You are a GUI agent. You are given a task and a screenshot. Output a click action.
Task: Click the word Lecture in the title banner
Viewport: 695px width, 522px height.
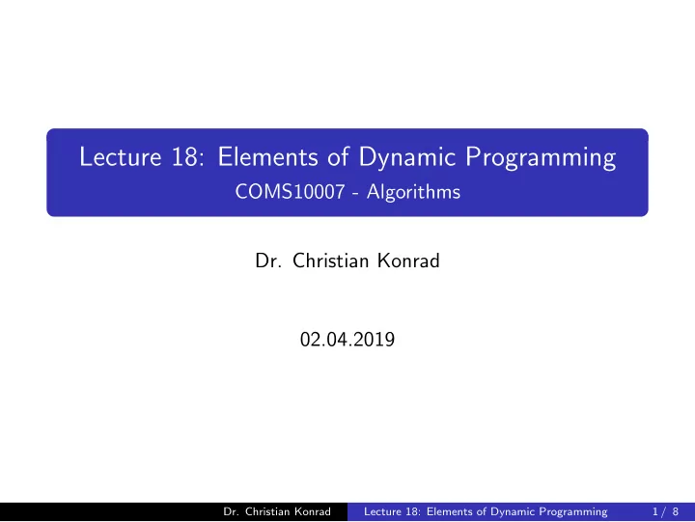pyautogui.click(x=120, y=157)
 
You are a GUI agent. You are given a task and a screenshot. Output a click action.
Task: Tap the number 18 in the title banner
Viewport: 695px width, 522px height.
pyautogui.click(x=188, y=157)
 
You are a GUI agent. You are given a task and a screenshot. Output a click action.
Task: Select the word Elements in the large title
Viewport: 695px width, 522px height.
pyautogui.click(x=267, y=157)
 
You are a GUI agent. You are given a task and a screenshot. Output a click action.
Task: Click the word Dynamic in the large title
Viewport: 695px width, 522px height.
pyautogui.click(x=407, y=158)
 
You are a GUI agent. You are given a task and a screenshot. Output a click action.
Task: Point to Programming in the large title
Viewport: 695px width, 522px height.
pyautogui.click(x=541, y=158)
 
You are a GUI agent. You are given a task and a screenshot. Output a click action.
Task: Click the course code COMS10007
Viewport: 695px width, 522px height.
pyautogui.click(x=290, y=192)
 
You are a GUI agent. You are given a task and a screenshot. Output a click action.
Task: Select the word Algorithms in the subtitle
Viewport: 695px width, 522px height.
pyautogui.click(x=413, y=192)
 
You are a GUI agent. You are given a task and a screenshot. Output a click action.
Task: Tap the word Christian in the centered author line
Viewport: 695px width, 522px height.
pyautogui.click(x=331, y=261)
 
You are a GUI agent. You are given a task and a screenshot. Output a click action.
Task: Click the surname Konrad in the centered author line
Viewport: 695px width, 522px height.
pyautogui.click(x=408, y=261)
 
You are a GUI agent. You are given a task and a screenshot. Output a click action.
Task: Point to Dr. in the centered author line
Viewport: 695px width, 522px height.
pyautogui.click(x=268, y=261)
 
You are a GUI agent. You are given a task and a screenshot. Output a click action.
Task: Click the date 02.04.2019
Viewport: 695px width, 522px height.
pyautogui.click(x=347, y=340)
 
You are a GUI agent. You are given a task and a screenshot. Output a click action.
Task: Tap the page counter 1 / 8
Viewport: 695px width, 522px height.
pyautogui.click(x=665, y=511)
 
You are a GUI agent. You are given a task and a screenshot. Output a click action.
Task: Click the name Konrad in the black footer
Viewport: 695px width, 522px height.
pyautogui.click(x=313, y=511)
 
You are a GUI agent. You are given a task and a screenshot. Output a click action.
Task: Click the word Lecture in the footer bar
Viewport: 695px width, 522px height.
pyautogui.click(x=381, y=511)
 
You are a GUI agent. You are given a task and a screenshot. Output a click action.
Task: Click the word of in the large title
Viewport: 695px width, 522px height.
pyautogui.click(x=338, y=157)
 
